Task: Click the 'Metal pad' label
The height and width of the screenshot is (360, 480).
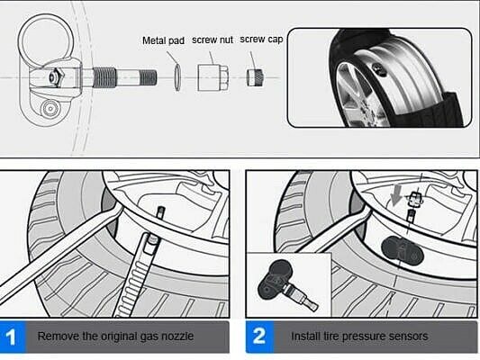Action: tap(163, 40)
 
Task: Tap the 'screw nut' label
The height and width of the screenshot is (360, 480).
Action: tap(213, 40)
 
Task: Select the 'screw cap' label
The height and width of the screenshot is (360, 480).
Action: tap(261, 40)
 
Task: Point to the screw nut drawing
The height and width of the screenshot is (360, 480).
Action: tap(213, 77)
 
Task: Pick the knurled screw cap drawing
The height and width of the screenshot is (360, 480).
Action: tap(255, 77)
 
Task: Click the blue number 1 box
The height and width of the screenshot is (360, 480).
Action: tap(13, 337)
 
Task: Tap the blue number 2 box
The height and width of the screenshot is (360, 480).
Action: tap(259, 337)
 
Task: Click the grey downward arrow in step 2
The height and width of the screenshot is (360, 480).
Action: tap(396, 195)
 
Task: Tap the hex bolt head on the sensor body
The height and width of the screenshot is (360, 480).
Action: tap(55, 77)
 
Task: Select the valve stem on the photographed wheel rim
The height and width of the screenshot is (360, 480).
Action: tap(378, 69)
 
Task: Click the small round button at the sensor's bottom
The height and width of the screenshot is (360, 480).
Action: tap(50, 108)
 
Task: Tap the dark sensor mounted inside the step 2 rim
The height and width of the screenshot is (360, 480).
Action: tap(403, 251)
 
